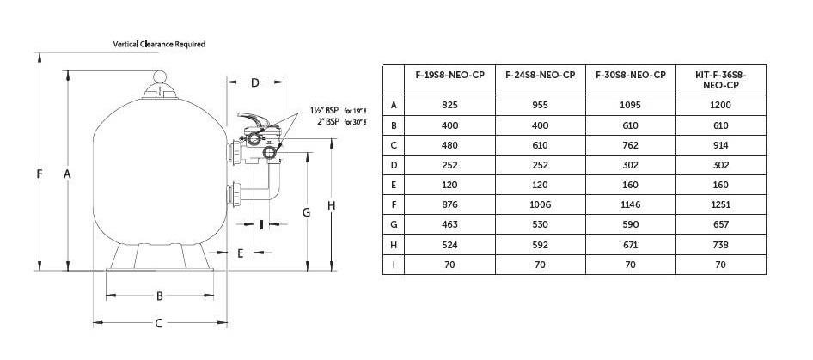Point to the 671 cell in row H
[631, 245]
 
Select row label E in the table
[394, 186]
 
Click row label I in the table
[394, 265]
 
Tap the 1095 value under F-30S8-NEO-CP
[631, 105]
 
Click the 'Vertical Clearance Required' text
[159, 44]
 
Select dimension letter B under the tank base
[159, 296]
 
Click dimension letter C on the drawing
[159, 324]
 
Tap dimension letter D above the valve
[255, 83]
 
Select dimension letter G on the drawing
[305, 211]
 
